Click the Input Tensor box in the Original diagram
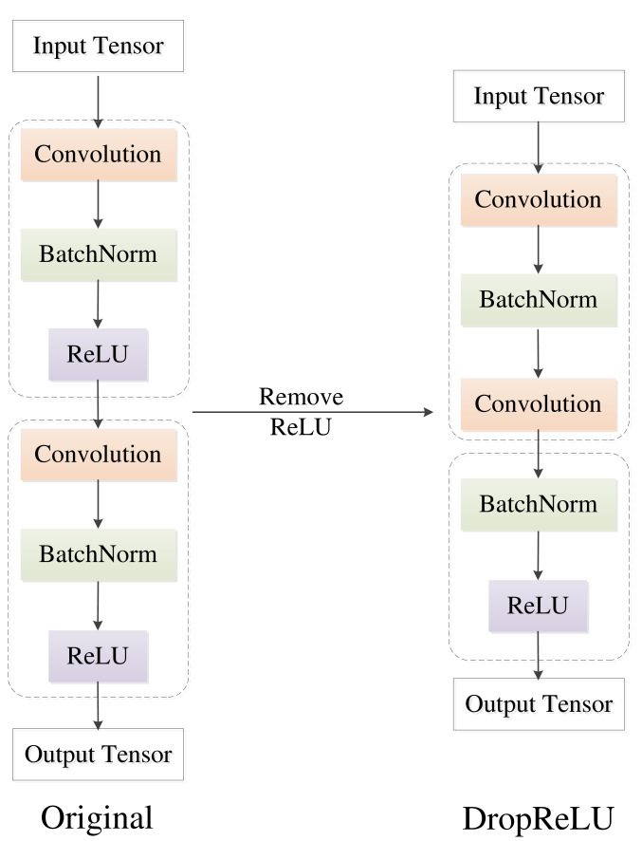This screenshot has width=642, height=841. point(98,47)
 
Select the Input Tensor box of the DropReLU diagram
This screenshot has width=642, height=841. point(539,96)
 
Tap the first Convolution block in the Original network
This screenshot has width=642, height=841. point(99,155)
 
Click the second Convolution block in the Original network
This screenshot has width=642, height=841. point(99,455)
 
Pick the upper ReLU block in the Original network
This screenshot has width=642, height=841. point(98,354)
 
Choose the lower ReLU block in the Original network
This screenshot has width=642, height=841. point(98,656)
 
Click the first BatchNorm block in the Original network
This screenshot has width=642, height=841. point(99,254)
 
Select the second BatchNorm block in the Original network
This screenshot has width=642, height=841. point(99,555)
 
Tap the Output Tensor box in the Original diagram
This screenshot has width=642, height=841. point(98,754)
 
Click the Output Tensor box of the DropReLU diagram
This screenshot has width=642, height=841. point(539,704)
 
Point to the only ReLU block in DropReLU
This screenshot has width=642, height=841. point(538,606)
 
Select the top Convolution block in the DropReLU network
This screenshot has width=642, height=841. point(539,200)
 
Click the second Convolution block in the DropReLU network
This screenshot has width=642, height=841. point(539,404)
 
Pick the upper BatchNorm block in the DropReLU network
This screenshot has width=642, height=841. point(539,300)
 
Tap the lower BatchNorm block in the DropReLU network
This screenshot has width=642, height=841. point(539,505)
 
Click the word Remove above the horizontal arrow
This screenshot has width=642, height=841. point(302,397)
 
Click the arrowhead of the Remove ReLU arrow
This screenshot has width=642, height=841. point(429,412)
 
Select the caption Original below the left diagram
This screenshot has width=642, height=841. point(97,817)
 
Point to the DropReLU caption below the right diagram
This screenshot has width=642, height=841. point(538,818)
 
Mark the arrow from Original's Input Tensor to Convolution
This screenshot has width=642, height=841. point(98,102)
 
